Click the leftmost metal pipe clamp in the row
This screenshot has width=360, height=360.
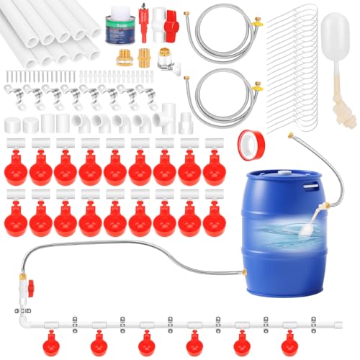click(12, 94)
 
